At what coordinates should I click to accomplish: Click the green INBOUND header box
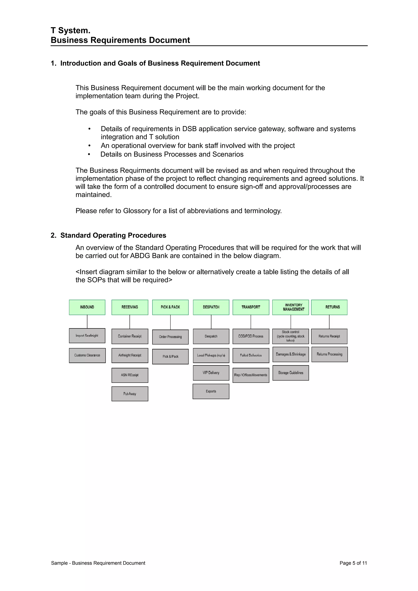click(x=87, y=307)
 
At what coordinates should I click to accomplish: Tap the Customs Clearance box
click(x=87, y=355)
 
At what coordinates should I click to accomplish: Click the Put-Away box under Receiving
click(x=130, y=394)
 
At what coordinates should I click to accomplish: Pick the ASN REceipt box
click(x=130, y=375)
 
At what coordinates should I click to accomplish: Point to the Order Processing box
click(x=170, y=337)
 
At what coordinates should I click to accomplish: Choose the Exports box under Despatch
click(x=211, y=391)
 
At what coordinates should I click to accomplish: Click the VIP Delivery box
click(x=211, y=373)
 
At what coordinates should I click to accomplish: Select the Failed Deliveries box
click(x=251, y=355)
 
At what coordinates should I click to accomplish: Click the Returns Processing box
click(x=329, y=354)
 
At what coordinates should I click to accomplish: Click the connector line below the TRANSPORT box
click(x=251, y=322)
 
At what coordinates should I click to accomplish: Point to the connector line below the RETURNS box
click(x=329, y=322)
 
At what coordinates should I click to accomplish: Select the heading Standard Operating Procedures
click(x=113, y=235)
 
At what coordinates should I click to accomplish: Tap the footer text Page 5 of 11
click(x=353, y=563)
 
